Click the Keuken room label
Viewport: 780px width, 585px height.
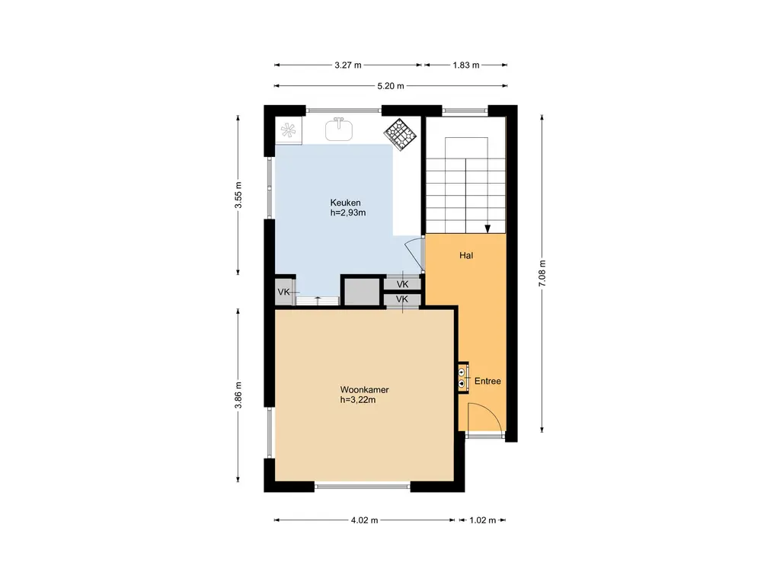point(345,203)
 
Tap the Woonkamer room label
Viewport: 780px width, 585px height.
point(365,390)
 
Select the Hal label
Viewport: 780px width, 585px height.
point(466,256)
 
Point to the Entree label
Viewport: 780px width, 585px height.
point(487,382)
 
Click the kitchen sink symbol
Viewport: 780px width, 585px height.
point(339,129)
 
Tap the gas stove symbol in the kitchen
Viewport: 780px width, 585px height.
point(401,133)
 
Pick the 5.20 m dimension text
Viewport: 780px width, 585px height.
point(391,86)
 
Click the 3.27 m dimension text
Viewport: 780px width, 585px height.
point(347,66)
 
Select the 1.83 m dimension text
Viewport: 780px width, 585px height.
point(466,66)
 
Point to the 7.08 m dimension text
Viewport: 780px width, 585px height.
point(542,273)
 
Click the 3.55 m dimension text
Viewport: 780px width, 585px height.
point(238,195)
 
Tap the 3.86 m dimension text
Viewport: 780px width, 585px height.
point(238,395)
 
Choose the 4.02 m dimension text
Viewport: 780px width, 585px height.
point(365,520)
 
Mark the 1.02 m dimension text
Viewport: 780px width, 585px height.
point(482,520)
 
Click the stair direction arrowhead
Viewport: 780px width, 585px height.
point(487,229)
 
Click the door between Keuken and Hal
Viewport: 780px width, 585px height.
point(414,254)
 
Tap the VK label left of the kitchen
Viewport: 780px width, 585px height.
point(283,292)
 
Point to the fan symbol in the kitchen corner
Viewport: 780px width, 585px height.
point(289,130)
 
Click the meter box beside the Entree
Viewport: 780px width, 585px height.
point(462,378)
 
